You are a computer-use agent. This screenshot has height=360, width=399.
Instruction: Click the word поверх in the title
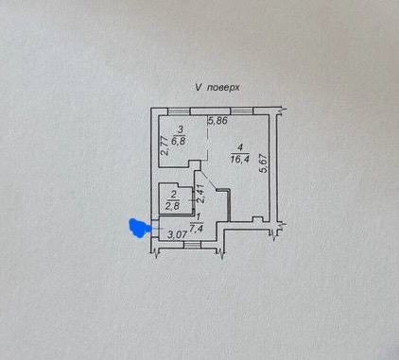(x=223, y=87)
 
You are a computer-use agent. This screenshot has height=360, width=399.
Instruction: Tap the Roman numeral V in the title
(x=199, y=87)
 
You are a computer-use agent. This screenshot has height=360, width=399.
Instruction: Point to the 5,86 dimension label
(x=217, y=121)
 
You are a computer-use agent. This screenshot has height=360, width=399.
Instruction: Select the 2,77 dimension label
(x=164, y=146)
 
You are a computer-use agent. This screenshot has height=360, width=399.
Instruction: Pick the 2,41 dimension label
(x=200, y=194)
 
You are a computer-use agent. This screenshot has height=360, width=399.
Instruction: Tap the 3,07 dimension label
(x=178, y=234)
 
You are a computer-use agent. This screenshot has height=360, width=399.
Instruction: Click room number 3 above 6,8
(x=180, y=129)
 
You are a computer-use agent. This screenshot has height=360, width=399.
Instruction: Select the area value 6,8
(x=180, y=140)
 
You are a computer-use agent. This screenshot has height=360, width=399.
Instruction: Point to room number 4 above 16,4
(x=240, y=147)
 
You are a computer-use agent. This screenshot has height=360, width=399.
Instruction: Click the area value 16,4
(x=240, y=159)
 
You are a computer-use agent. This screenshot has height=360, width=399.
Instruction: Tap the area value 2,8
(x=173, y=206)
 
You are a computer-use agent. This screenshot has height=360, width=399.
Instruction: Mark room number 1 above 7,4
(x=199, y=217)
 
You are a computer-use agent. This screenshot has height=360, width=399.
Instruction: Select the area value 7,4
(x=198, y=228)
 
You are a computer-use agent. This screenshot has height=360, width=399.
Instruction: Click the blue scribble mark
(x=138, y=228)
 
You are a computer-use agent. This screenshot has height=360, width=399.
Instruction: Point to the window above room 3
(x=179, y=111)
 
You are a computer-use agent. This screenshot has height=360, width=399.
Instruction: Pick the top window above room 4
(x=242, y=111)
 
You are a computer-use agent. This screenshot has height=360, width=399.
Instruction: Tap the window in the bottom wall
(x=192, y=245)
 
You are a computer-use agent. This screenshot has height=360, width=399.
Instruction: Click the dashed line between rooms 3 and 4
(x=208, y=142)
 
